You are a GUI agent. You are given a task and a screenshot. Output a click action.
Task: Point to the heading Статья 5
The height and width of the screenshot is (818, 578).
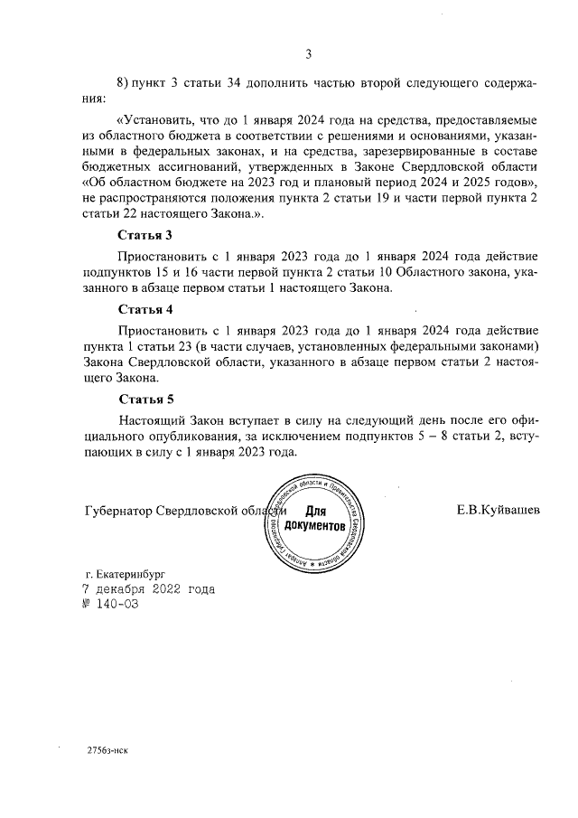pyautogui.click(x=145, y=399)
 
